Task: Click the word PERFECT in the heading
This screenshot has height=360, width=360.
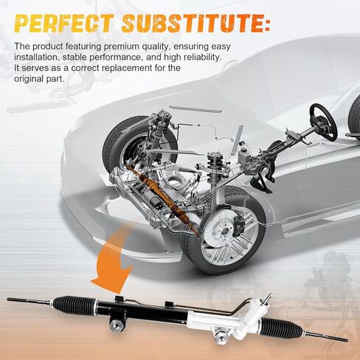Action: point(63,24)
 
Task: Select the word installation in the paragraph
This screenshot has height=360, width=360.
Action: point(37,58)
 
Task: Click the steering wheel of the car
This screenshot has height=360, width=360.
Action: point(323,122)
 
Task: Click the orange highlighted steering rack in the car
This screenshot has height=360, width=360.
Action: point(160,194)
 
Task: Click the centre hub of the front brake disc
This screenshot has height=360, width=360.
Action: point(224,231)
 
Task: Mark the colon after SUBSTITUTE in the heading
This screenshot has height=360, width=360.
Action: point(266,24)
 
